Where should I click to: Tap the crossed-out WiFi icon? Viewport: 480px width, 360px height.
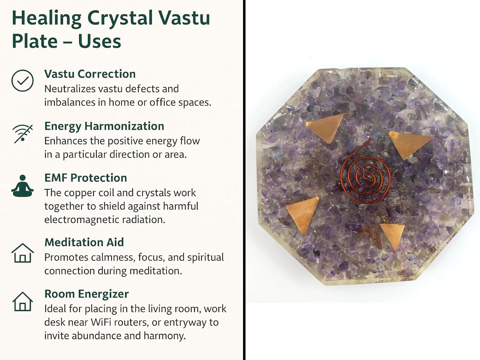23,133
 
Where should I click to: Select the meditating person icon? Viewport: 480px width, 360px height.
22,186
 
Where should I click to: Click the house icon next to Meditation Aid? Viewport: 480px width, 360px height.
22,253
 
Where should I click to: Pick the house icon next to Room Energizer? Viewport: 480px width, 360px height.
22,301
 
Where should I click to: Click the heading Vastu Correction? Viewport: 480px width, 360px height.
90,74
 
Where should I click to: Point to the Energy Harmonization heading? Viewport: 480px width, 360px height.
104,126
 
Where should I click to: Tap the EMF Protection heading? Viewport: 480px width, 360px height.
85,178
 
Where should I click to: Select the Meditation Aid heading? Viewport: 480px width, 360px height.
84,242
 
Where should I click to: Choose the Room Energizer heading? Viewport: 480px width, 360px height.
87,294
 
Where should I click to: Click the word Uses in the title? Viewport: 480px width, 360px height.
100,41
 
